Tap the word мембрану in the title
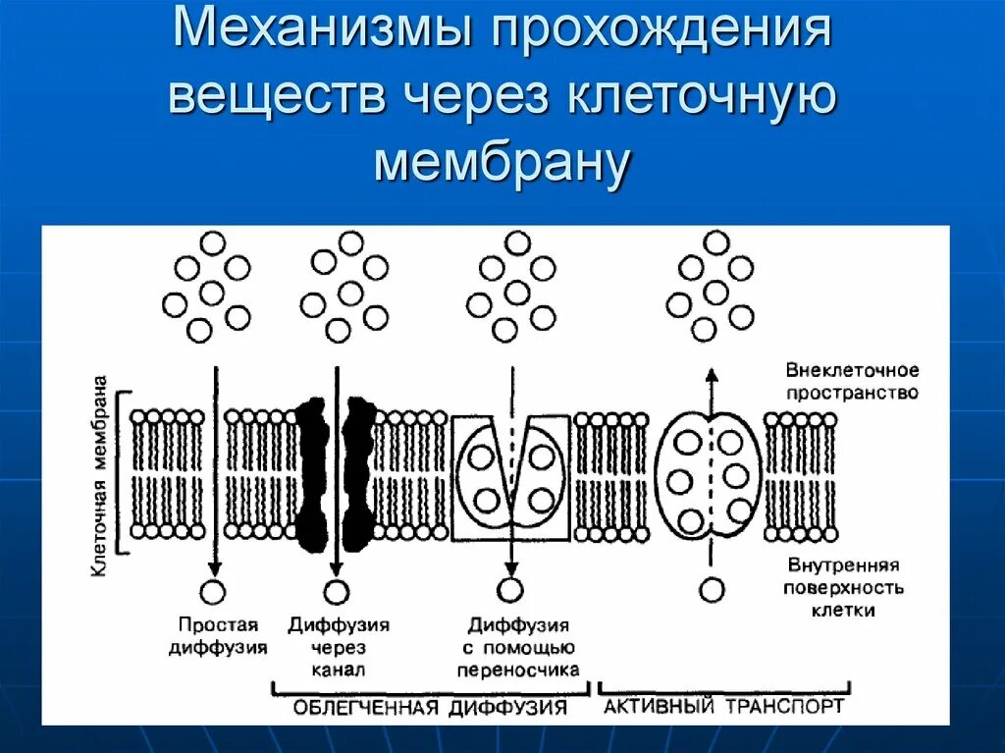(x=501, y=162)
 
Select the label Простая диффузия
(x=218, y=635)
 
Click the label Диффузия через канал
(x=339, y=647)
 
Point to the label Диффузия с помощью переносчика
(x=517, y=647)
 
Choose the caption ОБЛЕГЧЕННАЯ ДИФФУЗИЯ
(x=431, y=708)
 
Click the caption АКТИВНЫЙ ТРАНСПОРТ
(x=723, y=707)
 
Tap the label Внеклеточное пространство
(x=852, y=381)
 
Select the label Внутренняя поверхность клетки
(x=843, y=587)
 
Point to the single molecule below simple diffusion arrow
(x=212, y=591)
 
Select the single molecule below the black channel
(x=336, y=591)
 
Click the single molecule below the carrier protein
(x=510, y=589)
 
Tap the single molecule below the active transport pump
(x=713, y=589)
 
